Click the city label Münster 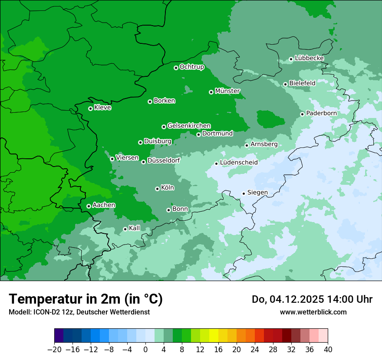tap(227, 91)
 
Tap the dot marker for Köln tap(157, 189)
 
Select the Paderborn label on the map tap(322, 113)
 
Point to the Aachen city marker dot tap(89, 206)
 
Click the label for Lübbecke tap(310, 58)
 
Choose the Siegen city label tap(257, 193)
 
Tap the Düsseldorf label tap(164, 160)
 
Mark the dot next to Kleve tap(90, 108)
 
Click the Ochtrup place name tap(192, 67)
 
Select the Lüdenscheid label tap(239, 163)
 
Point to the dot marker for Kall tap(125, 229)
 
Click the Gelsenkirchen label tap(189, 126)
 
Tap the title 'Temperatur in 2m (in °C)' tap(86, 299)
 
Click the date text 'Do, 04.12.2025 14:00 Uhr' tap(312, 299)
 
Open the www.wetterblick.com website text tap(313, 312)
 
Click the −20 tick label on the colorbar tap(54, 350)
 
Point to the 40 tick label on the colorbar tap(328, 350)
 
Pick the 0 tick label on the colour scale tap(145, 350)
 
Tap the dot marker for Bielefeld tap(285, 84)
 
